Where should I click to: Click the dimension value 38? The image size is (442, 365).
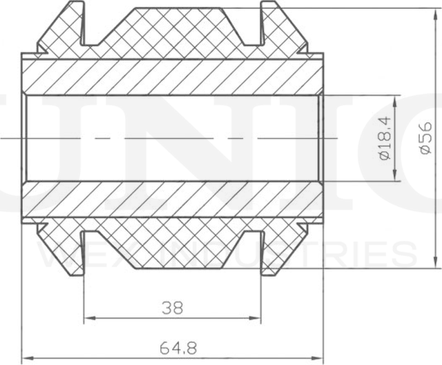coord(173,308)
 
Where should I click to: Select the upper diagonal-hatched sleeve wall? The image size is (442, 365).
coord(173,77)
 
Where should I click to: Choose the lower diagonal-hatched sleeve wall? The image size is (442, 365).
coord(173,200)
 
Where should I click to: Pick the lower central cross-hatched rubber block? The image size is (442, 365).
coord(173,245)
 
